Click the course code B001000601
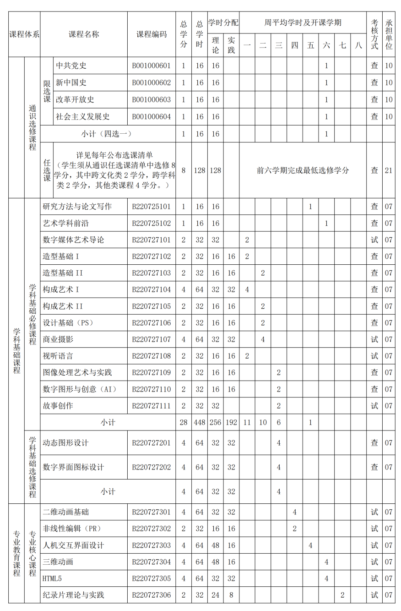click(151, 65)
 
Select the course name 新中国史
click(71, 82)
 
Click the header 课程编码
click(152, 34)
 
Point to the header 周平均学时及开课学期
click(303, 22)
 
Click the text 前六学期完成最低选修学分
click(303, 170)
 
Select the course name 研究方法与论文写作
click(77, 207)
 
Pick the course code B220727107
click(151, 339)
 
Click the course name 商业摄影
click(58, 339)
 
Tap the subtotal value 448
click(199, 422)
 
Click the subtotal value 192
click(231, 422)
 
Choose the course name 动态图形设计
click(65, 443)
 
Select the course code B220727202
click(151, 467)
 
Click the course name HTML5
click(52, 578)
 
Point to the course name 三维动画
click(58, 562)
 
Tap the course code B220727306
click(151, 595)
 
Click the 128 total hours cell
click(199, 170)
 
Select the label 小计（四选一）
click(107, 134)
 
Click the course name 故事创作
click(58, 406)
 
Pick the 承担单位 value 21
click(389, 170)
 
